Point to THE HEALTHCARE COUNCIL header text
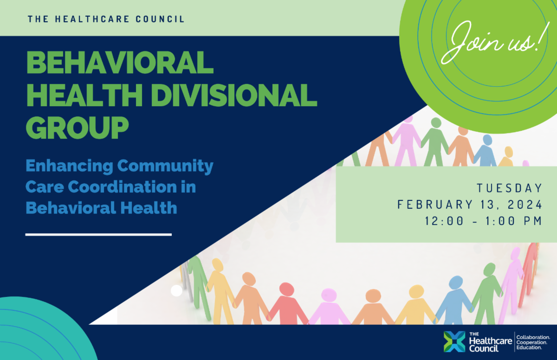(x=106, y=19)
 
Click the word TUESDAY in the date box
(x=509, y=188)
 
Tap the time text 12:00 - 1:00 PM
(x=483, y=221)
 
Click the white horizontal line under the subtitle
(x=98, y=234)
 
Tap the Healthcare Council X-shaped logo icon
(x=454, y=342)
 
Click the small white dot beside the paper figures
(x=176, y=291)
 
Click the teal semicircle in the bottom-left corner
(x=37, y=334)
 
